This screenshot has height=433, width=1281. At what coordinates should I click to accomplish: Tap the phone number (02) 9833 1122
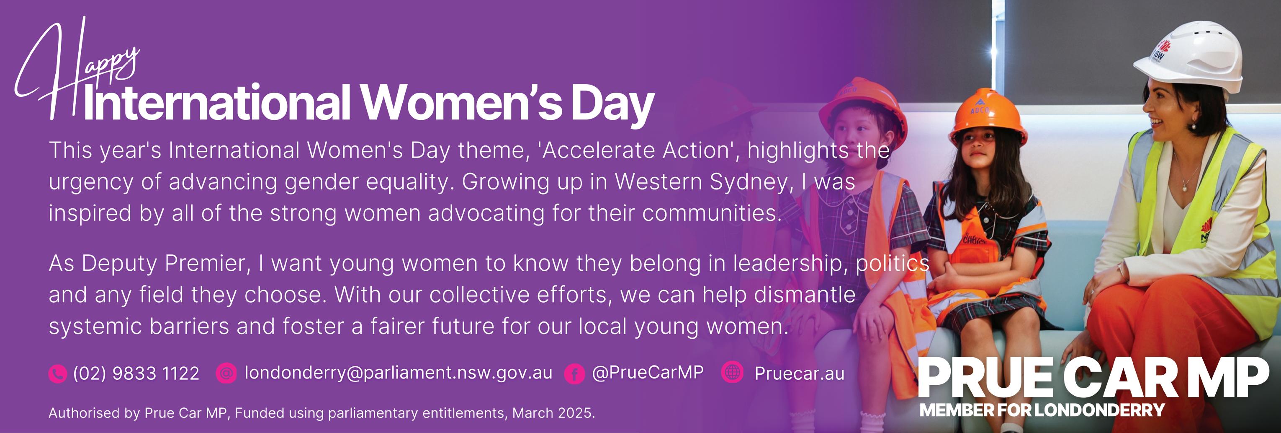tap(136, 373)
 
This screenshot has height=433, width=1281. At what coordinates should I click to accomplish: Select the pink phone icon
tap(58, 374)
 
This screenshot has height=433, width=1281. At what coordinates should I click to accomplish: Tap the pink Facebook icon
tap(574, 374)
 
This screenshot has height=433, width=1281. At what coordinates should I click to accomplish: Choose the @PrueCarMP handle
tap(648, 372)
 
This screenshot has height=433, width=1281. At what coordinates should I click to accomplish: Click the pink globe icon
tap(733, 372)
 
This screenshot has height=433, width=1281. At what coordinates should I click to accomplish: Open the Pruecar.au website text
tap(800, 374)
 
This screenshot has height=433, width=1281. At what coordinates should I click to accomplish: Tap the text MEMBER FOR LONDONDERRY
tap(1042, 410)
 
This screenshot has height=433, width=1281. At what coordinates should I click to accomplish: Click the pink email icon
tap(226, 374)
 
